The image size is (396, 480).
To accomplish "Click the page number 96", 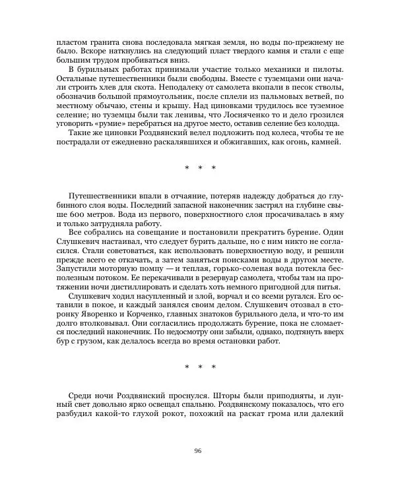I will pos(197,451).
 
